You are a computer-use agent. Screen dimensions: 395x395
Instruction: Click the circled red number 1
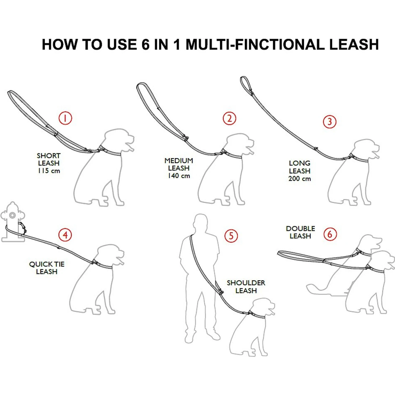[x=65, y=118]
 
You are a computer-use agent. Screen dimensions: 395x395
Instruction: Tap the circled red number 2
[x=229, y=118]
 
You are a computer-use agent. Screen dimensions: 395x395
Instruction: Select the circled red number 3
[x=329, y=122]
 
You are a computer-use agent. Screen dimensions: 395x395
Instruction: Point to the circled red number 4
[x=65, y=235]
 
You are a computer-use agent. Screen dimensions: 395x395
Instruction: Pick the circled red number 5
[x=231, y=236]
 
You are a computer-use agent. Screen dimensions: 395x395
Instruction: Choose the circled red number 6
[x=330, y=234]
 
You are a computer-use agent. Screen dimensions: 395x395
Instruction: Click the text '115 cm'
[x=49, y=171]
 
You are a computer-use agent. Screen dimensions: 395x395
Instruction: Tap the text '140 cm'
[x=179, y=176]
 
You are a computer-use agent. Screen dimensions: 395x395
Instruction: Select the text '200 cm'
[x=300, y=179]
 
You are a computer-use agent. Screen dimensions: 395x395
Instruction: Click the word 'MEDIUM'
[x=179, y=161]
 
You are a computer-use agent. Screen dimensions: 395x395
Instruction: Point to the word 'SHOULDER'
[x=246, y=283]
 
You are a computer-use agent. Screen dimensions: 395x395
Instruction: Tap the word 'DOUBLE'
[x=300, y=229]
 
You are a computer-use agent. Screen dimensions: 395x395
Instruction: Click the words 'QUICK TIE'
[x=47, y=264]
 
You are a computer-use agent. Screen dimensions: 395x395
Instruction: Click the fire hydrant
[x=12, y=223]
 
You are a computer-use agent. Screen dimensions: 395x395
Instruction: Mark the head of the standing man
[x=201, y=222]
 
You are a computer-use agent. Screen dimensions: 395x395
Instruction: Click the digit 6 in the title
[x=145, y=44]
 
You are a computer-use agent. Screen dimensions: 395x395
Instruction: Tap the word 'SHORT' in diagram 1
[x=49, y=156]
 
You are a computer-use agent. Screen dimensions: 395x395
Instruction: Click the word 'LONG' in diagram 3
[x=300, y=163]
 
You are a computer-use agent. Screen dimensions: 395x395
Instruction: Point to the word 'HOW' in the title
[x=60, y=44]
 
